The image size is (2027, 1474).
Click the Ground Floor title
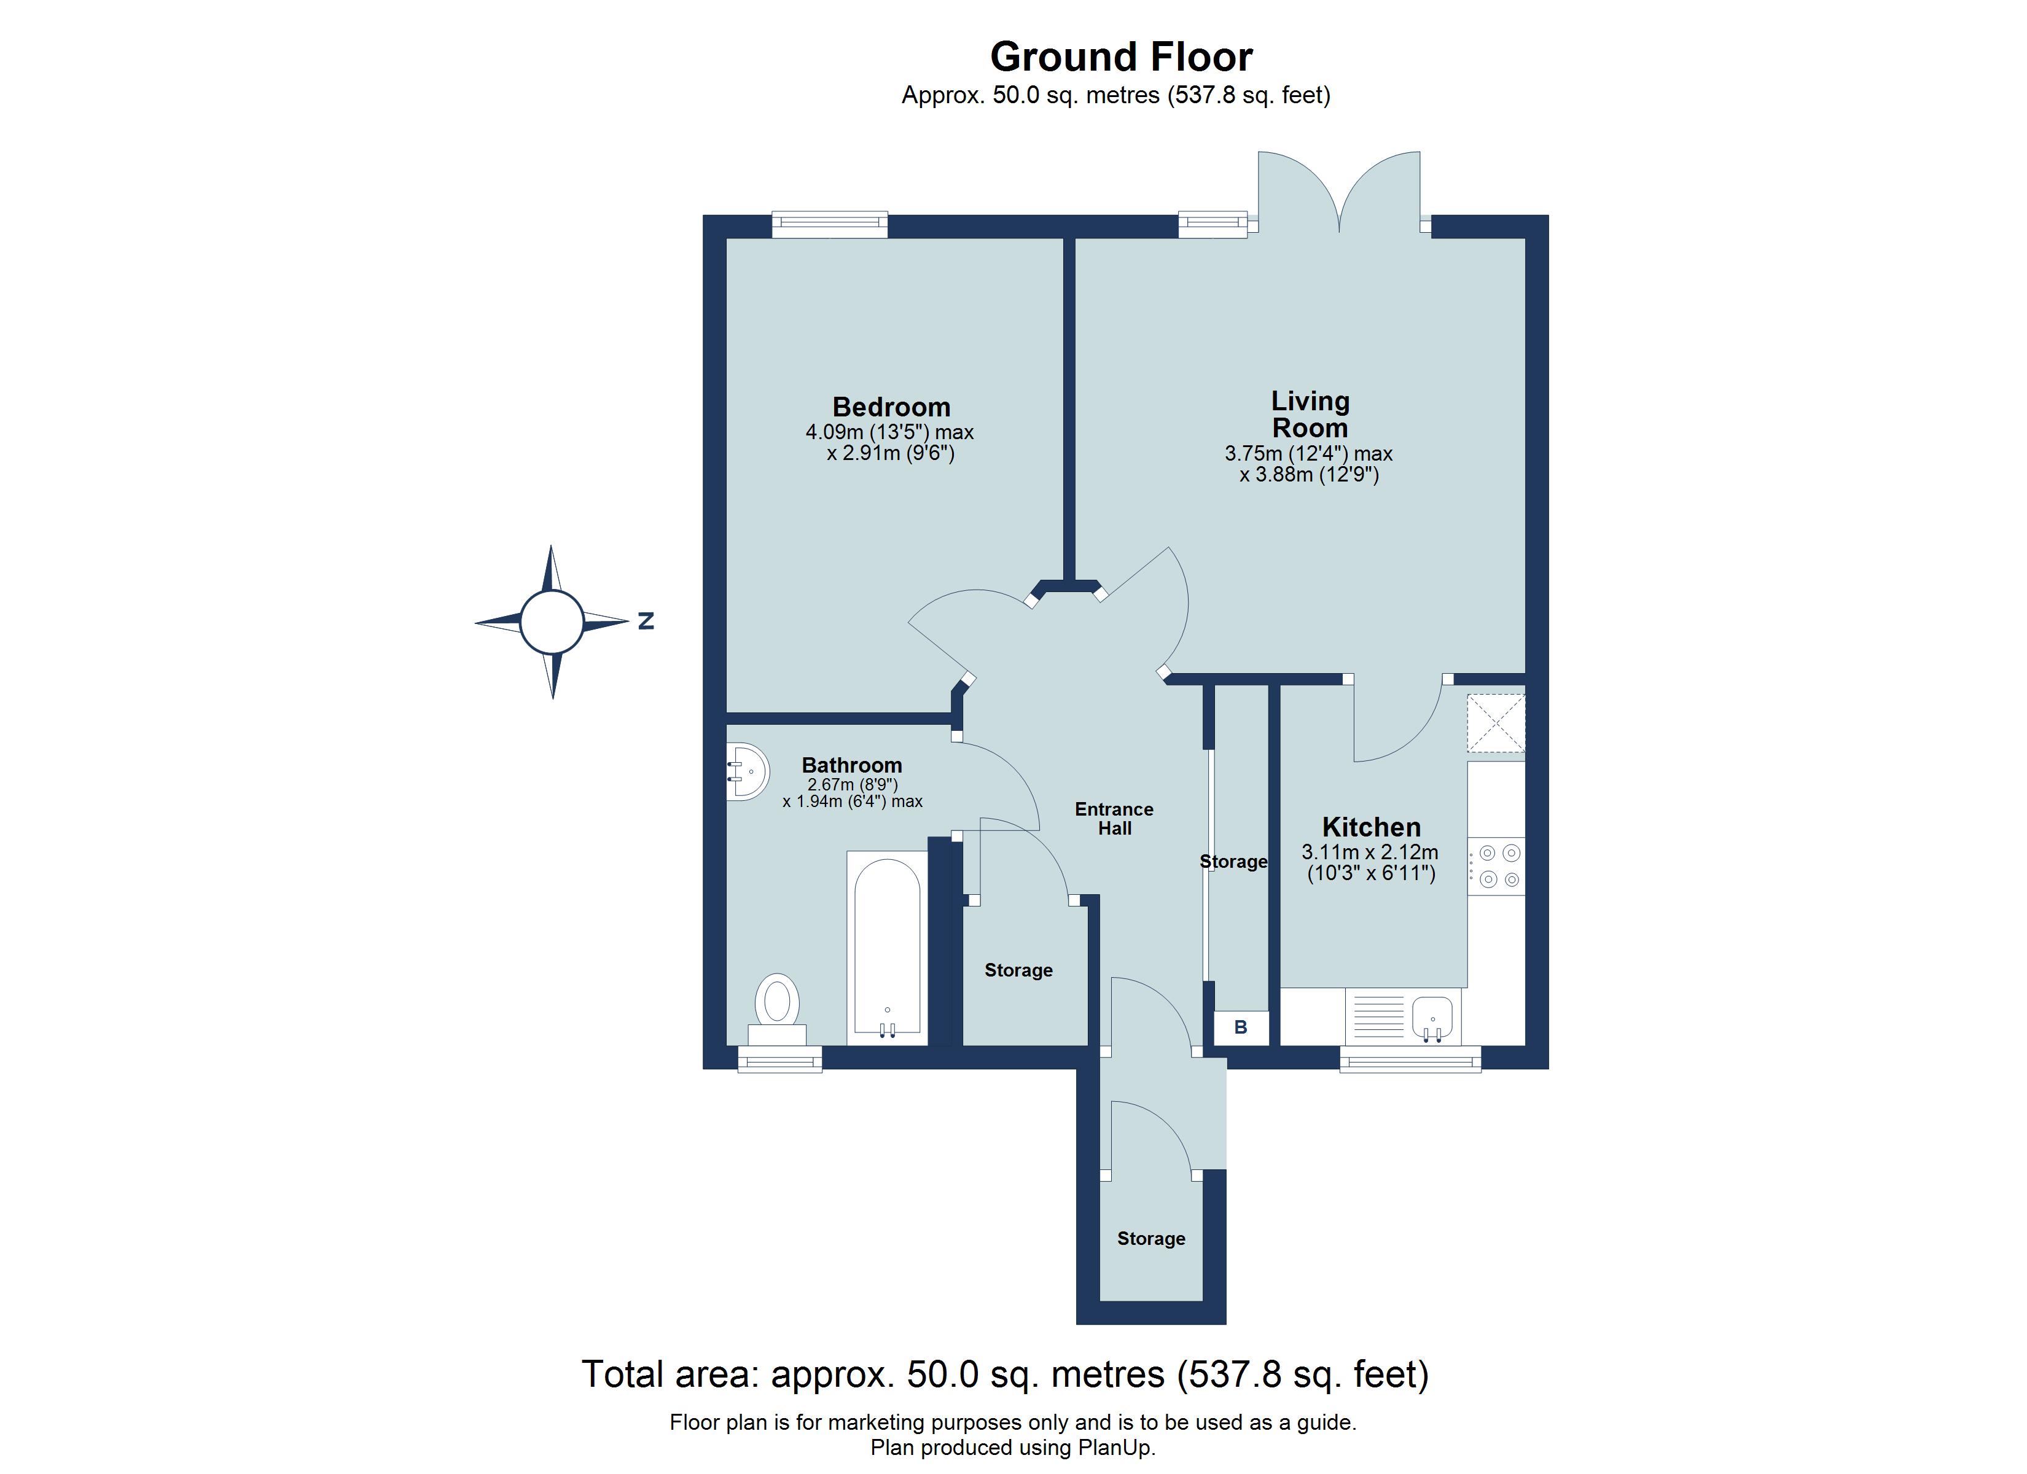[x=1121, y=57]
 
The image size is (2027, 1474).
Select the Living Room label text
[x=1310, y=415]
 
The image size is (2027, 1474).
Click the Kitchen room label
[x=1371, y=827]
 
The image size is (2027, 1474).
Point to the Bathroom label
[x=852, y=765]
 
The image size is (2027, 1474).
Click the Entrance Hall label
[x=1114, y=819]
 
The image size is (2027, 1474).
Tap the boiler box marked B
[x=1241, y=1028]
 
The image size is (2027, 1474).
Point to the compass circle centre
[x=552, y=622]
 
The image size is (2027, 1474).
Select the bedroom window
[x=829, y=224]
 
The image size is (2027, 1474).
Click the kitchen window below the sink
[x=1410, y=1062]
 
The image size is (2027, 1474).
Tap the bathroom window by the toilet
[x=779, y=1062]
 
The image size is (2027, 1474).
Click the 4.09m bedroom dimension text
[x=889, y=432]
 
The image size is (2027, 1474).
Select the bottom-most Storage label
[x=1151, y=1239]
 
